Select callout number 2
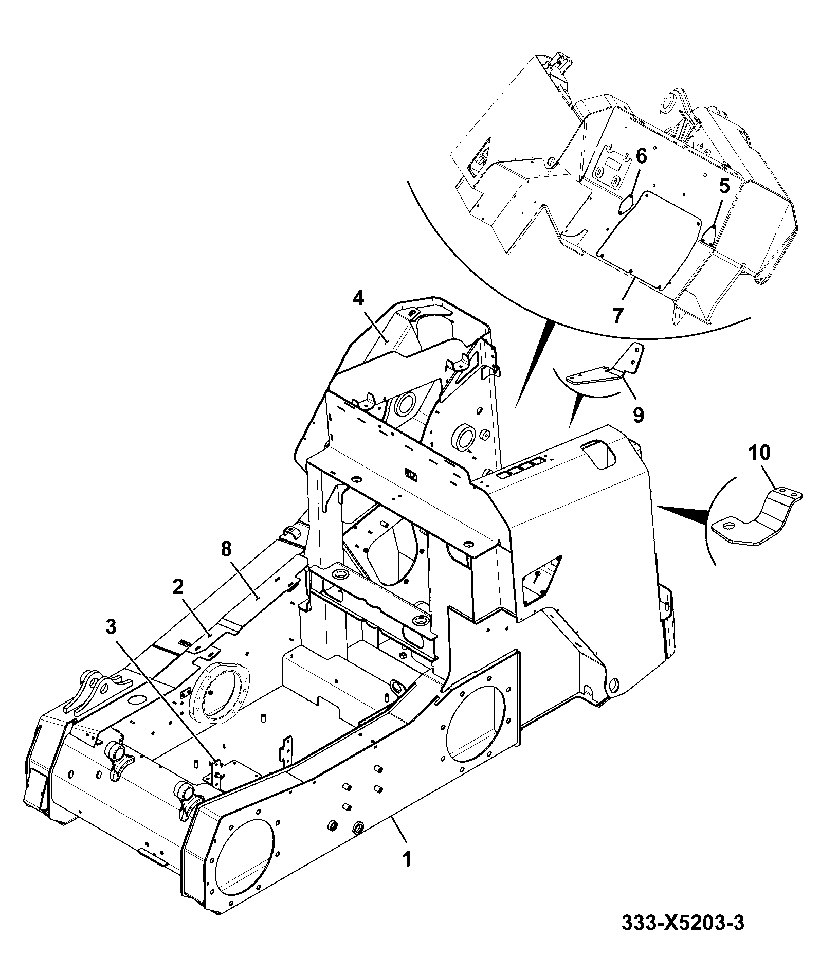click(178, 587)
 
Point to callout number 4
click(358, 297)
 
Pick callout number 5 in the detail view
click(724, 186)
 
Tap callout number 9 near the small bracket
click(638, 414)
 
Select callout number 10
click(760, 453)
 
